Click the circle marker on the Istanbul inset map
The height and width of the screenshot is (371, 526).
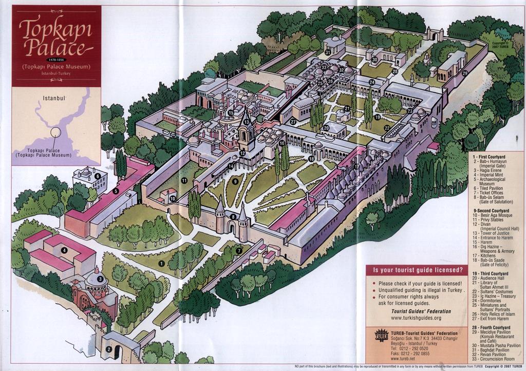coord(55,133)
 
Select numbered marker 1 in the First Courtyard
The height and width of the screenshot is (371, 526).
coord(161,263)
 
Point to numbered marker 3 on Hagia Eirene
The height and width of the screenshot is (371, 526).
coord(100,279)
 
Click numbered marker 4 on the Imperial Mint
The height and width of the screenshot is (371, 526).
coord(64,250)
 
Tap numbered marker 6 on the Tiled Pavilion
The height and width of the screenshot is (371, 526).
coord(97,176)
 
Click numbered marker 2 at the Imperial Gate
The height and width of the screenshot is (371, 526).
coord(109,349)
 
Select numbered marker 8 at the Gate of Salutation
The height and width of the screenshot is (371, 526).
coord(233,217)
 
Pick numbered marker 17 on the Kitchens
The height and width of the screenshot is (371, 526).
coord(356,167)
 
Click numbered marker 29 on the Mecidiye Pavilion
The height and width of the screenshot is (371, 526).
coord(464,73)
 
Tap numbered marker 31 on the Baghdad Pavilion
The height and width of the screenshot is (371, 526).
coord(328,52)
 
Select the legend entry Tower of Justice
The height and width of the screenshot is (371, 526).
coord(493,233)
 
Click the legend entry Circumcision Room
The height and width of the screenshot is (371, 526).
coord(496,359)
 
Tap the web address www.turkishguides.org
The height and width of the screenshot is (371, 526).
coord(416,318)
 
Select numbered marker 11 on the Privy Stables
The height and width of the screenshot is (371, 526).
coord(184,180)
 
